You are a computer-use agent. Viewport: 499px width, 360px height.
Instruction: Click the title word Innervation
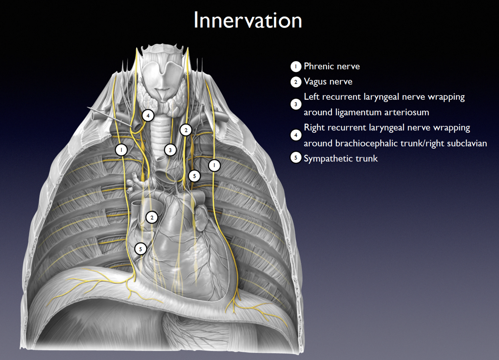[x=248, y=20]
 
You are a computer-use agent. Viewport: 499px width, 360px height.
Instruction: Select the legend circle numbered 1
[x=296, y=67]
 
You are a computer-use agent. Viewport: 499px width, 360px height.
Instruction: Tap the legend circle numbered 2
[x=296, y=82]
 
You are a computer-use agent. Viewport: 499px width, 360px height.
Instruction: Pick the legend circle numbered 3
[x=296, y=104]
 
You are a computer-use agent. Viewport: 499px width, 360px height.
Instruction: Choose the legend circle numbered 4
[x=296, y=135]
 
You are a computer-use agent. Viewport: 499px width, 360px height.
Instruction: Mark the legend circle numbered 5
[x=296, y=158]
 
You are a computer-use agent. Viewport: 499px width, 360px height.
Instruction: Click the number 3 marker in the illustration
[x=170, y=150]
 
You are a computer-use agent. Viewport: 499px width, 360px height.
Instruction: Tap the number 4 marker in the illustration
[x=148, y=116]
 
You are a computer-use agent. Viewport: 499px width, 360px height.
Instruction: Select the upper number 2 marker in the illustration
[x=186, y=130]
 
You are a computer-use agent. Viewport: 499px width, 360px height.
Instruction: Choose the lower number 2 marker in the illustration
[x=151, y=217]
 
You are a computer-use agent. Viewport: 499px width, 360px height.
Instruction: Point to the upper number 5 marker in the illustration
[x=194, y=176]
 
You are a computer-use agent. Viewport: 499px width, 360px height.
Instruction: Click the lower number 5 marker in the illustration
[x=141, y=249]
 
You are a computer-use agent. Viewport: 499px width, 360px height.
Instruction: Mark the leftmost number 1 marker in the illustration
[x=121, y=150]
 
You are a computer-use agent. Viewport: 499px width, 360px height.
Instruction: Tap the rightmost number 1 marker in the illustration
[x=214, y=165]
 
